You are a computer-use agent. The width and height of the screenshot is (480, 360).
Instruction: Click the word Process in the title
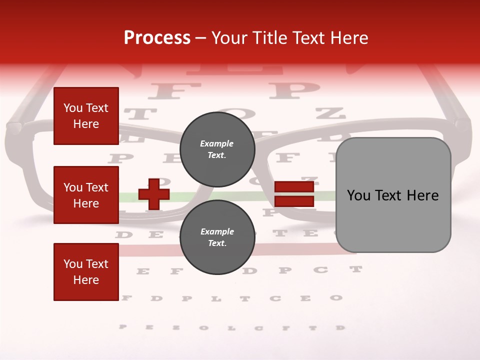click(157, 37)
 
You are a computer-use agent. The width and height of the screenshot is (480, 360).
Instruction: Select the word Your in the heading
click(231, 37)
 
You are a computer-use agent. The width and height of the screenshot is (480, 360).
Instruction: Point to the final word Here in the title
click(349, 37)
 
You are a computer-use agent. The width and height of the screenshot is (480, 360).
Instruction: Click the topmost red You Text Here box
click(86, 116)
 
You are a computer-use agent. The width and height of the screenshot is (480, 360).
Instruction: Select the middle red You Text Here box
click(86, 195)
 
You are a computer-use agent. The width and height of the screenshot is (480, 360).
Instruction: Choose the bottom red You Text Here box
click(86, 272)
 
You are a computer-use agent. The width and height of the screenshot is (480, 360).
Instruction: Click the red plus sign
click(154, 194)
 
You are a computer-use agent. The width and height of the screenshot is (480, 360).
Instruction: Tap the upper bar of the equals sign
click(294, 187)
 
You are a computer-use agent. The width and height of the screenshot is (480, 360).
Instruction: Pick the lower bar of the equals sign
click(294, 201)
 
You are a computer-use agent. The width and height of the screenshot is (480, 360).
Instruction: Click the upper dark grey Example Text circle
click(217, 149)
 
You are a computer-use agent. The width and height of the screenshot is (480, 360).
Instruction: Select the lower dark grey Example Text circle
click(217, 237)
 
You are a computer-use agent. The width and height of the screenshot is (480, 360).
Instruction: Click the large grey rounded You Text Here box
click(393, 195)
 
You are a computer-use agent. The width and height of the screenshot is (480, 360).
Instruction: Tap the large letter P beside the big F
click(294, 90)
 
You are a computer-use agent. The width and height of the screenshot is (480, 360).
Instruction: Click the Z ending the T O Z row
click(330, 113)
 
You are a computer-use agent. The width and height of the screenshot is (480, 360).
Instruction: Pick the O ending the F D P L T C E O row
click(336, 298)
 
